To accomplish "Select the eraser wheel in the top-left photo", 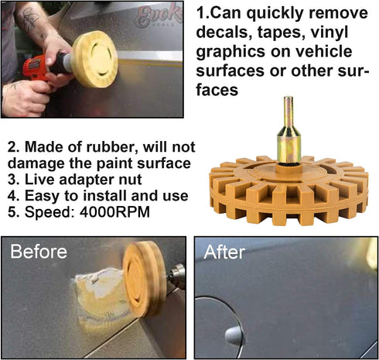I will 95,60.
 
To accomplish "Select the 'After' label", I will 224,252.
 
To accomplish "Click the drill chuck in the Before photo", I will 177,275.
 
